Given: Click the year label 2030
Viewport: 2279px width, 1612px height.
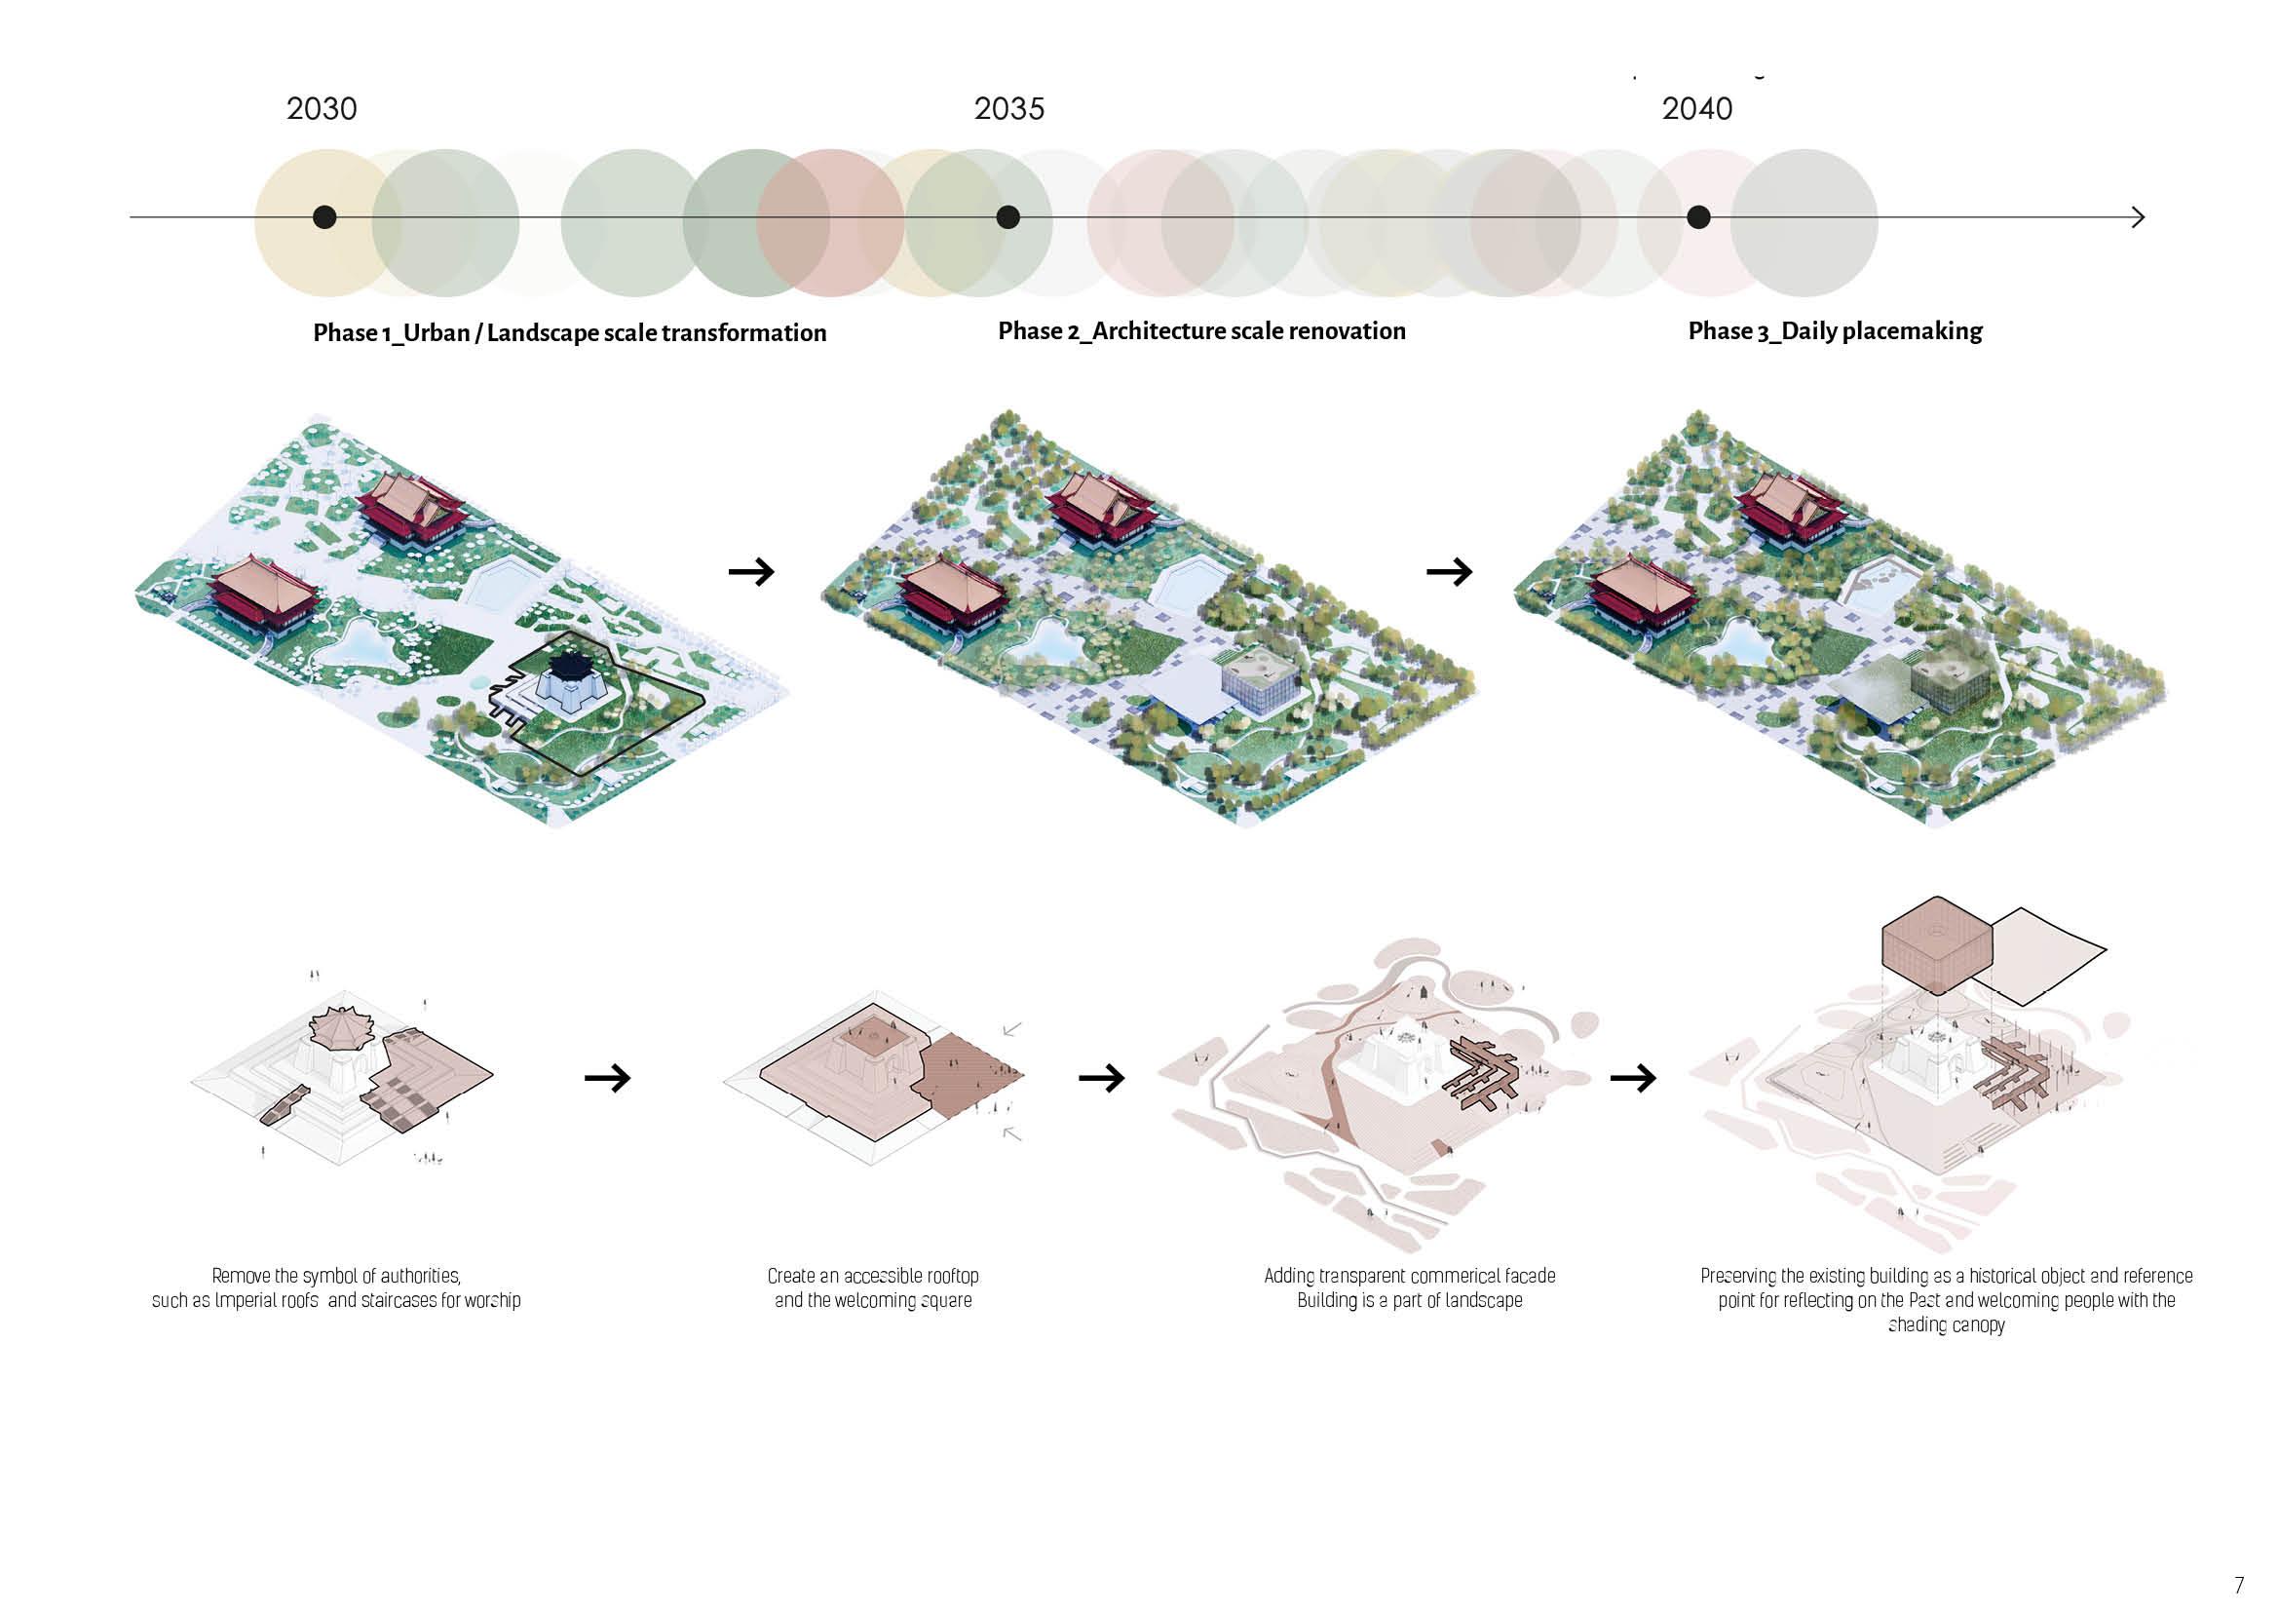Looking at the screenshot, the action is point(322,108).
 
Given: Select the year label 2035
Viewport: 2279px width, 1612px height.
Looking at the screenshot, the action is point(1008,108).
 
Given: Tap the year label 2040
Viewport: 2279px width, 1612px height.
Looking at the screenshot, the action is point(1696,108).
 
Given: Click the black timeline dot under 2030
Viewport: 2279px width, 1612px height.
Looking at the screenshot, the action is point(324,217).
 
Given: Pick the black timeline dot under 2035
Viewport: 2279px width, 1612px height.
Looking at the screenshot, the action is point(1007,217).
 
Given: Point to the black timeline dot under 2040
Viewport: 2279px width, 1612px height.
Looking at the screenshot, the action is point(1698,217).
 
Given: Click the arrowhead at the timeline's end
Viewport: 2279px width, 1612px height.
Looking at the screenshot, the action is point(2137,217).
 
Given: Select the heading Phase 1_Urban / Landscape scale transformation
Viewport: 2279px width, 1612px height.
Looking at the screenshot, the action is point(570,332).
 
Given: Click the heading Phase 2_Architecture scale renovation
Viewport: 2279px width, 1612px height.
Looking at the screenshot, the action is point(1201,330).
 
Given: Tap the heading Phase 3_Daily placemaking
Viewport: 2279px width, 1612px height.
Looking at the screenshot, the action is point(1835,330).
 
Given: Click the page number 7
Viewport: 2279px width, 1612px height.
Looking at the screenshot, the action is point(2238,1586).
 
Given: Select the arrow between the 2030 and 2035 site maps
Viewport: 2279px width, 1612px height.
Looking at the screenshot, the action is point(751,572).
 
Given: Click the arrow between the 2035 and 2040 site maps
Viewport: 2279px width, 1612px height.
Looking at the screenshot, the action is point(1448,572).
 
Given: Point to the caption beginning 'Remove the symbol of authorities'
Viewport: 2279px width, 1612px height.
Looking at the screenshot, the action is point(335,1287).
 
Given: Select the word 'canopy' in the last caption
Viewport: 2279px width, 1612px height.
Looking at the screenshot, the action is point(1977,1325).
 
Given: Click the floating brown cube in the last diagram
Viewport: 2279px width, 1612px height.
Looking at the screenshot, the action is point(1936,943).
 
